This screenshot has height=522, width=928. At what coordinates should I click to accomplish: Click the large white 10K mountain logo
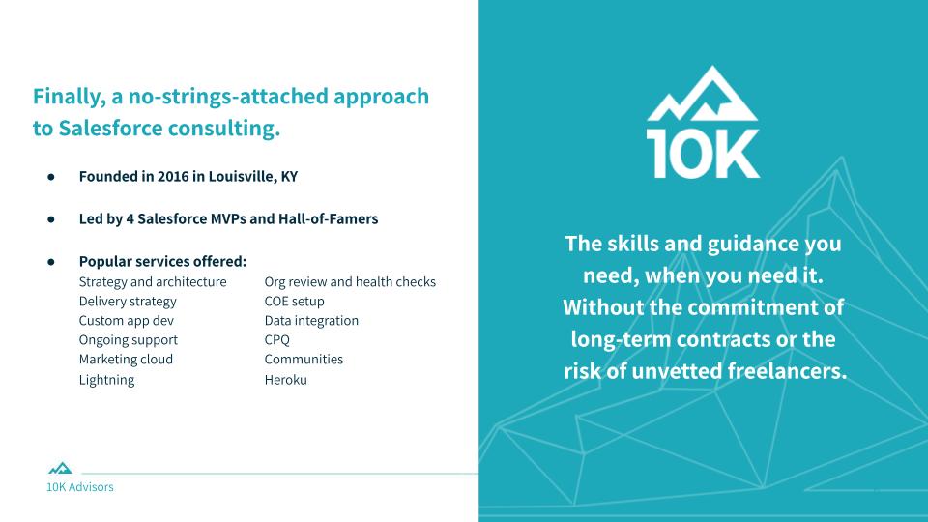coord(703,122)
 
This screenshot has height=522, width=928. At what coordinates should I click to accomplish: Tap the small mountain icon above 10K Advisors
coord(60,468)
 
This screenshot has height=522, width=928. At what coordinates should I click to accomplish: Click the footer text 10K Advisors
coord(80,487)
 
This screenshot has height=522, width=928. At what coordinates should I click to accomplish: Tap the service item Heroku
coord(286,380)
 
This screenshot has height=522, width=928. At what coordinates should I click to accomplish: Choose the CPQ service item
coord(277,340)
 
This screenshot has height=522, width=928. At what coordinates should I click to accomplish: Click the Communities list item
coord(304,360)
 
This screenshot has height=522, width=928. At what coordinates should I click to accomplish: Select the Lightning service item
coord(106,380)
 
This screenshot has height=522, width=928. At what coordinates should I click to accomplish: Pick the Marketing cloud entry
coord(126,360)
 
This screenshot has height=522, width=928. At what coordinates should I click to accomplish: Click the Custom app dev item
coord(127,321)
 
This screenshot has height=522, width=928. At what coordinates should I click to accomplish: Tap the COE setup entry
coord(294,302)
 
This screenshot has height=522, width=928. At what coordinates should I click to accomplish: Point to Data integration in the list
coord(311,321)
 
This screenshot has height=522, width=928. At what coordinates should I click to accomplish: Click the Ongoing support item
coord(129,340)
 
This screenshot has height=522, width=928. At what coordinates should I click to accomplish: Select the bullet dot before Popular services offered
coord(51,262)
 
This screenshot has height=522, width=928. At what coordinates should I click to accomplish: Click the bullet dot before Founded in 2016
coord(51,176)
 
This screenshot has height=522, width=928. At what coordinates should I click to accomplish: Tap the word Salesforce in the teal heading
coord(110,128)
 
